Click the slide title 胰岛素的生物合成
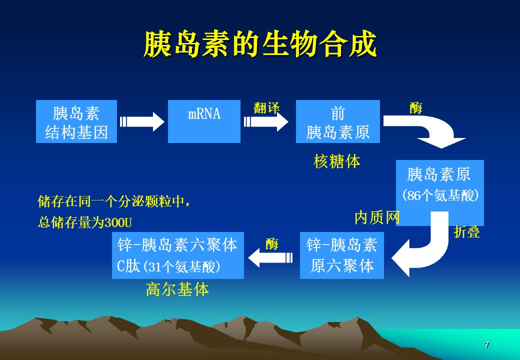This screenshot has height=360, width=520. pos(259,45)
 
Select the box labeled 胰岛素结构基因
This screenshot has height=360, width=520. pos(76,121)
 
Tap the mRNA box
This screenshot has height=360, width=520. pos(204,121)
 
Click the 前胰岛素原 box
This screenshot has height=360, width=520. pos(337,121)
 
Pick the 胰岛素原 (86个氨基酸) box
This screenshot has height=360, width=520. pos(440,185)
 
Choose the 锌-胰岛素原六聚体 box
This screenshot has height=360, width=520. pos(342,255)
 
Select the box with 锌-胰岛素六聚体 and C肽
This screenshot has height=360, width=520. pos(177,255)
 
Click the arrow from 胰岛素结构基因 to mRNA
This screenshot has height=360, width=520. pos(142,121)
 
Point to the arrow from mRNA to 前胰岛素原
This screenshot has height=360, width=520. pos(266,121)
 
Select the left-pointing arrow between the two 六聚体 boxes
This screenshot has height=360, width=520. pos(270,257)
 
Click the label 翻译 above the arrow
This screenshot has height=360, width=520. pos(266,107)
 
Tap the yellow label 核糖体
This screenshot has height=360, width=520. pos(337,161)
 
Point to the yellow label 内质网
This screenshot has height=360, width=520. pos(377,217)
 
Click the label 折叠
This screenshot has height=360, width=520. pos(466,232)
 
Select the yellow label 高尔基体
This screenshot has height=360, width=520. pos(177,289)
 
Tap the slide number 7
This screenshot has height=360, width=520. pos(487,345)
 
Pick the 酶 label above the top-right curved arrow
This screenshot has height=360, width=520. pos(415,108)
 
